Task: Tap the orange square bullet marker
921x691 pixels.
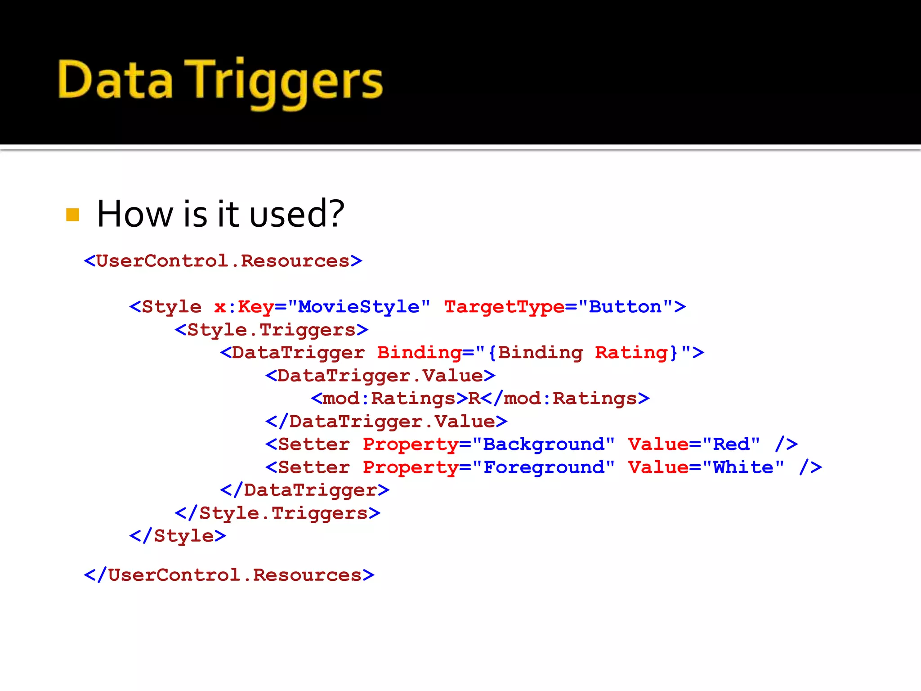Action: [x=72, y=215]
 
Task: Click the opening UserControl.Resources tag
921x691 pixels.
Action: [x=223, y=261]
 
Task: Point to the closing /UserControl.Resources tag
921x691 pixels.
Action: [x=229, y=575]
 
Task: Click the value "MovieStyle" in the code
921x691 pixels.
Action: [x=359, y=307]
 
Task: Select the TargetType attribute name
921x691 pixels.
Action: [x=504, y=307]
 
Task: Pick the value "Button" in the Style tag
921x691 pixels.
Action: [x=625, y=307]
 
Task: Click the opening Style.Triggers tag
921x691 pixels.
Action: [x=272, y=330]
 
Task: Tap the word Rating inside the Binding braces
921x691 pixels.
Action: [x=631, y=353]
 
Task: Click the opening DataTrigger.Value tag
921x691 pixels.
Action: [x=380, y=376]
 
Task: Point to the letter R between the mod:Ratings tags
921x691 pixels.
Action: [x=474, y=399]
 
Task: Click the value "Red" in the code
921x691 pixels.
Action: [x=731, y=444]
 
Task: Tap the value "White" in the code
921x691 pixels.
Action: [x=743, y=467]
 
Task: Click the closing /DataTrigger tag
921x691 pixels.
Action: [x=305, y=490]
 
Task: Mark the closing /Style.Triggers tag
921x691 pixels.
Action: [x=278, y=513]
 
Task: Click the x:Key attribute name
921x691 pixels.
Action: [x=244, y=307]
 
